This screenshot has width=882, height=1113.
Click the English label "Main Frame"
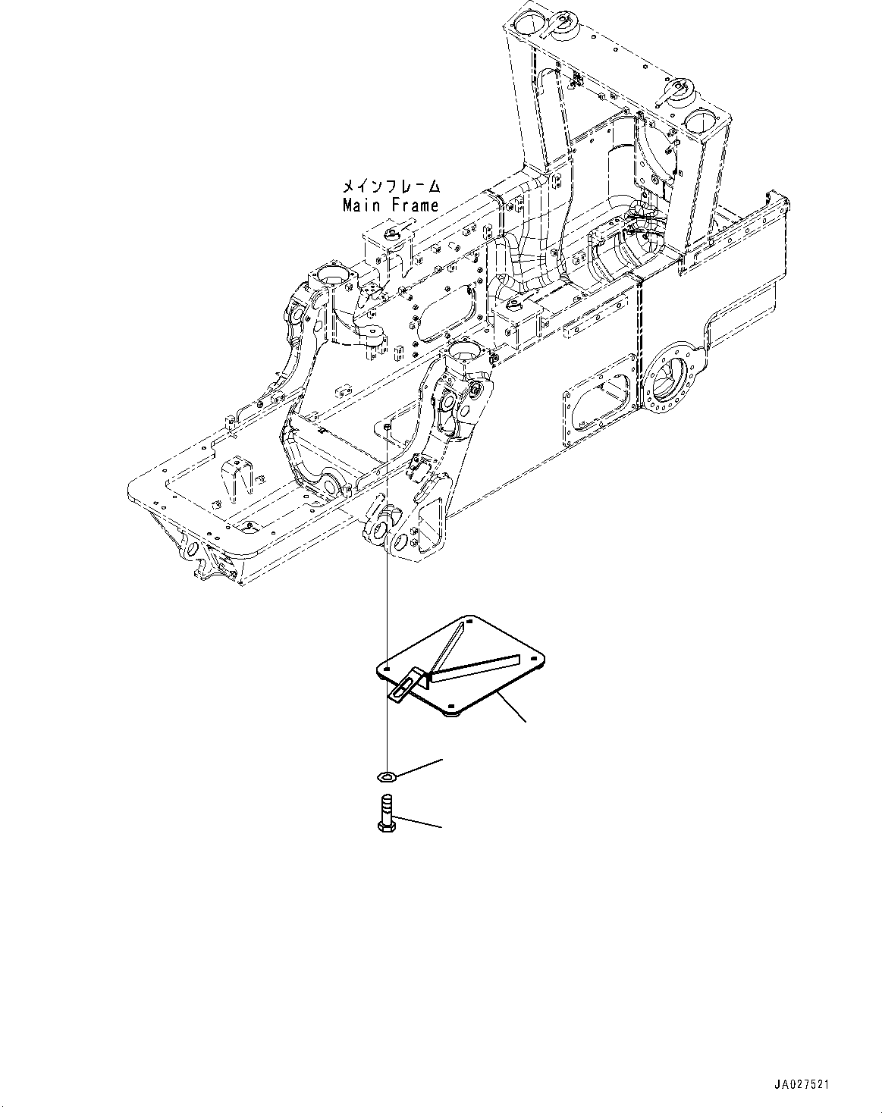[390, 205]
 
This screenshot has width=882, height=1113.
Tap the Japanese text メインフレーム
[391, 186]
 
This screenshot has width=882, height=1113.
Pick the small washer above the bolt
[387, 775]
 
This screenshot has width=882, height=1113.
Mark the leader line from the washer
[419, 767]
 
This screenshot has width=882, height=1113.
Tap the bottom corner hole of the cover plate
[453, 710]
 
